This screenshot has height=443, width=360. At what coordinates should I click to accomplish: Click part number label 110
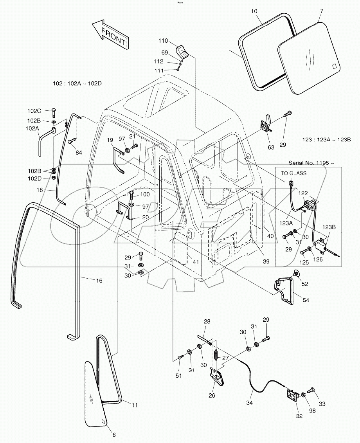[163, 41]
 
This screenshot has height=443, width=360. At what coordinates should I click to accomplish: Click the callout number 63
[271, 148]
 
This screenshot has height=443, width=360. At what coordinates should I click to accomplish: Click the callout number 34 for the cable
[249, 402]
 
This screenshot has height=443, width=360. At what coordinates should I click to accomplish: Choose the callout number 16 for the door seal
[99, 280]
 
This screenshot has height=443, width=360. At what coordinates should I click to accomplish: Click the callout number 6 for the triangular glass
[114, 435]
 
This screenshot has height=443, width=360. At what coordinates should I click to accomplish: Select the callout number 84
[79, 152]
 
